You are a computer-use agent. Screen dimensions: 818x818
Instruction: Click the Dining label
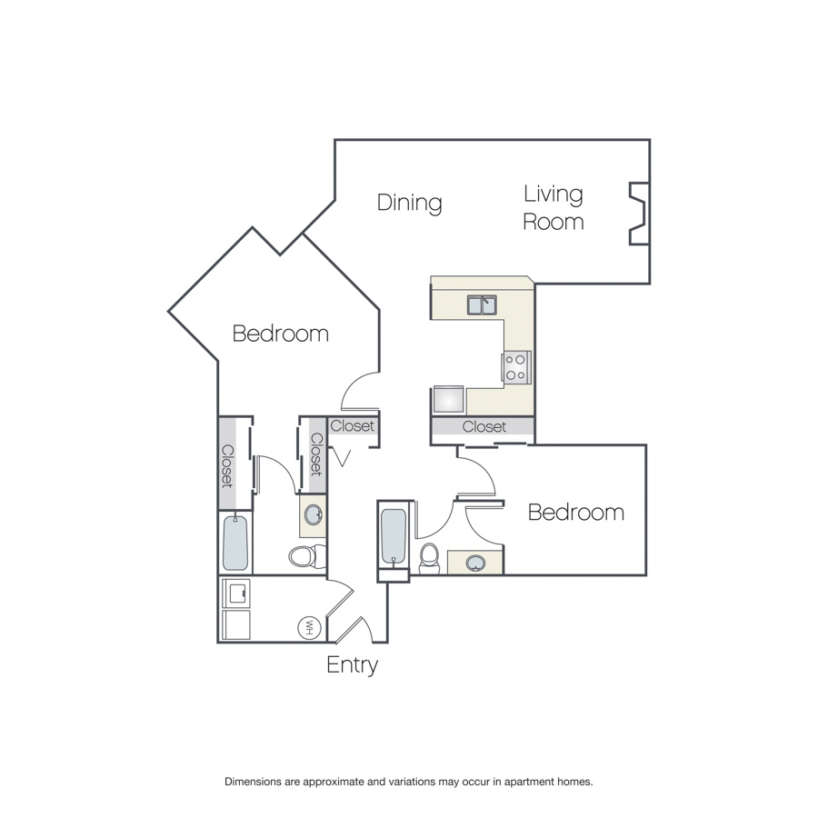pyautogui.click(x=410, y=204)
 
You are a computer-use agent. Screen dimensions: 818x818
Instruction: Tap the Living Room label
pyautogui.click(x=554, y=208)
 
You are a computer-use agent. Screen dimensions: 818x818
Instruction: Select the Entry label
pyautogui.click(x=352, y=665)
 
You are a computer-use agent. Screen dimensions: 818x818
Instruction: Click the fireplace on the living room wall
pyautogui.click(x=639, y=214)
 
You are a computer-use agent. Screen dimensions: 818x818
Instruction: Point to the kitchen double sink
pyautogui.click(x=482, y=305)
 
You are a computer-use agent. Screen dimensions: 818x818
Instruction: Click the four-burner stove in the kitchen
pyautogui.click(x=516, y=367)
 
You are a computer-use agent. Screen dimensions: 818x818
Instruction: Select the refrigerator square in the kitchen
pyautogui.click(x=449, y=400)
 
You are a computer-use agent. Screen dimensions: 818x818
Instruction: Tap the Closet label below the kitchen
pyautogui.click(x=484, y=427)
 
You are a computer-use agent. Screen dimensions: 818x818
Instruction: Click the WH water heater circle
pyautogui.click(x=308, y=627)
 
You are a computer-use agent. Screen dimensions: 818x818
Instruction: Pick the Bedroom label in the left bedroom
pyautogui.click(x=281, y=334)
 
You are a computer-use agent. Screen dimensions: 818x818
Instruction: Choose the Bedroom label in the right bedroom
pyautogui.click(x=576, y=513)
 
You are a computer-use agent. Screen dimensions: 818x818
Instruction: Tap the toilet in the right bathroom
pyautogui.click(x=430, y=559)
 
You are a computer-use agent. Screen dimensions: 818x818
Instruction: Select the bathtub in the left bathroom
pyautogui.click(x=235, y=543)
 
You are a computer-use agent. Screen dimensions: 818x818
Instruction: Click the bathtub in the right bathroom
pyautogui.click(x=394, y=537)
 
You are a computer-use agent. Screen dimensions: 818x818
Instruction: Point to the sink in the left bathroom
pyautogui.click(x=313, y=515)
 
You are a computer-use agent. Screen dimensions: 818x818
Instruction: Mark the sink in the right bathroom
pyautogui.click(x=475, y=564)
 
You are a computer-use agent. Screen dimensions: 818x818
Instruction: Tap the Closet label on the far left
pyautogui.click(x=227, y=466)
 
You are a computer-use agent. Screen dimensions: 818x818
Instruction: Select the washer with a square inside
pyautogui.click(x=236, y=593)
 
